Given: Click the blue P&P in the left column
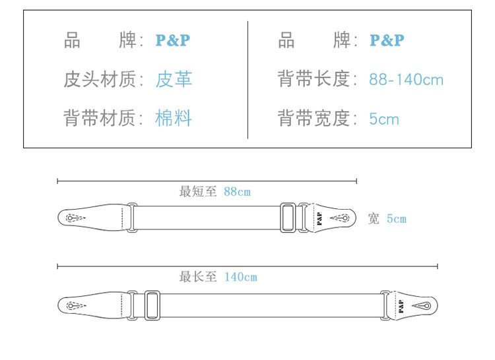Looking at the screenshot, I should click(x=172, y=40).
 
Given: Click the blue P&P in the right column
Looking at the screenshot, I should click(x=387, y=40).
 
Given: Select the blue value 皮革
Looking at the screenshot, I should click(x=174, y=80).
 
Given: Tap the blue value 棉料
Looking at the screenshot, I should click(x=174, y=119).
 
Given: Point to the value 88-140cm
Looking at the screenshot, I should click(x=406, y=80).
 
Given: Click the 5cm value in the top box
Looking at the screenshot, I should click(x=384, y=119).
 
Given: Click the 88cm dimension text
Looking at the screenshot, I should click(x=237, y=192).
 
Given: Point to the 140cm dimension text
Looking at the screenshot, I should click(x=240, y=277).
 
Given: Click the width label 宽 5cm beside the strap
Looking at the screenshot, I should click(x=387, y=219).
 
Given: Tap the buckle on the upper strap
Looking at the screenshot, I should click(x=289, y=218).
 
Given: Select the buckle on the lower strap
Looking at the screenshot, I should click(x=152, y=305).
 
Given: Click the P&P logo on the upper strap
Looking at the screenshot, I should click(x=318, y=218).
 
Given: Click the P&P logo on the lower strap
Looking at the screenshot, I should click(x=401, y=305).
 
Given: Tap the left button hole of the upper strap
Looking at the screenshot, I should click(x=71, y=218).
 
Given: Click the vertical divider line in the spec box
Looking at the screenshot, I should click(x=247, y=80).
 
